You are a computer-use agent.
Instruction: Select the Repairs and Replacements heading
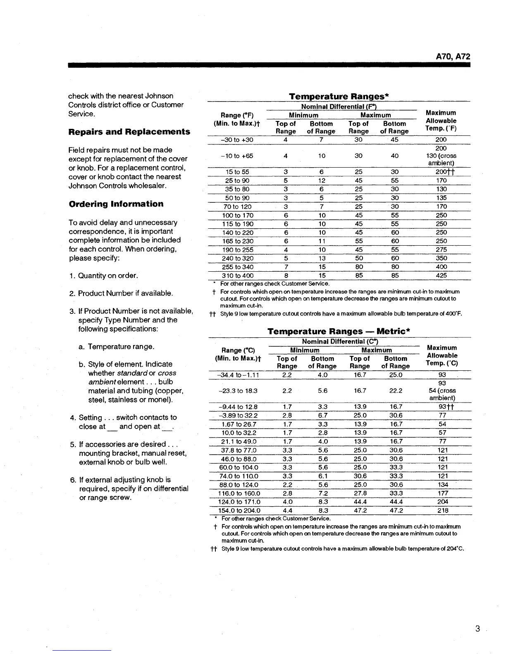click(x=129, y=132)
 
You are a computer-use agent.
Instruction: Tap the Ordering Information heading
click(x=116, y=204)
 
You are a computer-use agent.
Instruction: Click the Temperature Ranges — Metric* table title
click(x=339, y=332)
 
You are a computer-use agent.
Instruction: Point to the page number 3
click(x=477, y=629)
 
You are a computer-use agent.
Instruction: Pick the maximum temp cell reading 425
click(x=441, y=275)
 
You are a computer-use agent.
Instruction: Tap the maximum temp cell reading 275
click(x=441, y=250)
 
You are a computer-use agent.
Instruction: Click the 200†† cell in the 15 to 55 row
click(x=442, y=172)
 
